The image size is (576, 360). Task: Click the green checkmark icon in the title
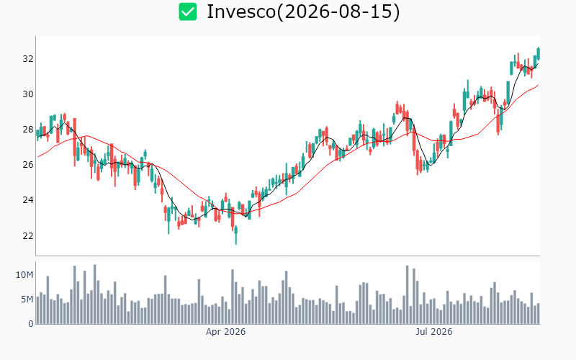[188, 12]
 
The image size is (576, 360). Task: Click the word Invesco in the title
[241, 12]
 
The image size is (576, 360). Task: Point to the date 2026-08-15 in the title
[338, 12]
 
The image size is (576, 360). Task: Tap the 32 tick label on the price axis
[28, 59]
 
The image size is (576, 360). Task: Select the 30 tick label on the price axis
[28, 94]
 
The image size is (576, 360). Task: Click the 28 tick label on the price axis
[28, 130]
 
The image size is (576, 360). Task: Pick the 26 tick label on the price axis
[28, 165]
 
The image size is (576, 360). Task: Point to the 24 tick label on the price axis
[28, 200]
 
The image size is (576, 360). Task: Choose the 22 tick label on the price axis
[28, 235]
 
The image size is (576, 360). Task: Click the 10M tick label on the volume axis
[24, 275]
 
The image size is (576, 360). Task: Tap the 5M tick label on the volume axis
[27, 300]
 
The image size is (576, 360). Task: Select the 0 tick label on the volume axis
[31, 324]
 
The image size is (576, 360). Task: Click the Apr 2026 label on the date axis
[225, 332]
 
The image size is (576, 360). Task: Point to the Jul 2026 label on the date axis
[434, 332]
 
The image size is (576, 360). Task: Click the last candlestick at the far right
[539, 53]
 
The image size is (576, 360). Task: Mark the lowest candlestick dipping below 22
[236, 235]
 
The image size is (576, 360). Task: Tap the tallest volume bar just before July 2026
[407, 294]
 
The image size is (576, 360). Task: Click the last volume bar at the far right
[539, 314]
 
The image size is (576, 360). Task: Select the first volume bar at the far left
[37, 310]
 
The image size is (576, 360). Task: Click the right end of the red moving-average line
[539, 84]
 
